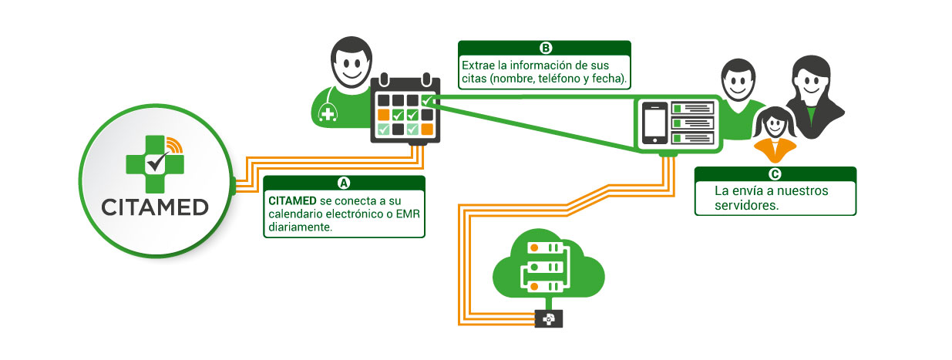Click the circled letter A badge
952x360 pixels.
[344, 183]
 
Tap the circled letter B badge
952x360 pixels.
[545, 47]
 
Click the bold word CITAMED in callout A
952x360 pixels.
[292, 200]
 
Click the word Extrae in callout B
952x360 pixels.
[477, 66]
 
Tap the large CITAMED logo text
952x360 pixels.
[155, 208]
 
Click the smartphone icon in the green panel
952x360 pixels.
[654, 123]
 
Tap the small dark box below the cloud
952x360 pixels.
[548, 318]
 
